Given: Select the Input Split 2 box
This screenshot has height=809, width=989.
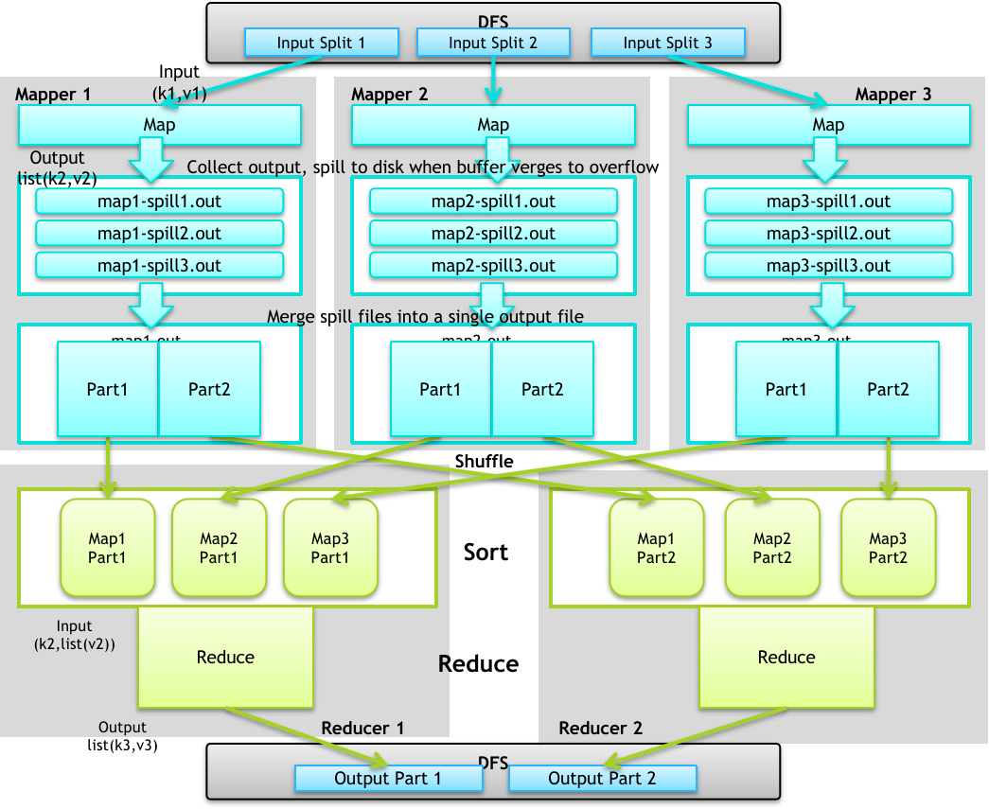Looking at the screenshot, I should click(493, 43).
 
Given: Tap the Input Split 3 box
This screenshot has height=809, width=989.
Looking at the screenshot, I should click(667, 43).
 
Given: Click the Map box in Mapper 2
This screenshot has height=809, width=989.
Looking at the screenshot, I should click(493, 125).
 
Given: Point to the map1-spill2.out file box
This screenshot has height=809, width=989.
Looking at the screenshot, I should click(159, 234).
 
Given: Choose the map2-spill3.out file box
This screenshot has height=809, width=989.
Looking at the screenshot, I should click(493, 266).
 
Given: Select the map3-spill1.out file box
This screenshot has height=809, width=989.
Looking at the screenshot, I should click(828, 202).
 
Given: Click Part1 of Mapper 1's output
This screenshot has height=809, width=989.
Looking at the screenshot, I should click(107, 389).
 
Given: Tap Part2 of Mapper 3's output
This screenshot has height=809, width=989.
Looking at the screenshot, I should click(887, 389).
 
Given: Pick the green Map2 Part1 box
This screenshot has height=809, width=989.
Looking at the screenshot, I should click(219, 548).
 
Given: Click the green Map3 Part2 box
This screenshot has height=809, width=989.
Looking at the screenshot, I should click(888, 548).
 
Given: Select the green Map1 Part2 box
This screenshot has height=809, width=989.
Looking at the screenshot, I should click(656, 548).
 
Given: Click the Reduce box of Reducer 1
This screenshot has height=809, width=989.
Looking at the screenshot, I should click(225, 657).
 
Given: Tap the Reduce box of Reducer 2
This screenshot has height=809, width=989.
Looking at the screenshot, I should click(786, 657).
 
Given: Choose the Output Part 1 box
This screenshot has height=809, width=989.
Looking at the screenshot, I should click(388, 779).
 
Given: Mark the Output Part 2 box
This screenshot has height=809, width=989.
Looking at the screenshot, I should click(602, 779).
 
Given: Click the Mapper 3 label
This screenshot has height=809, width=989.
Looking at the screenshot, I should click(892, 94).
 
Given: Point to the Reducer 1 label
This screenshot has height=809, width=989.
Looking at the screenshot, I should click(362, 728).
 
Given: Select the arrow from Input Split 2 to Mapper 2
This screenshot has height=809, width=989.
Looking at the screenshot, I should click(492, 79).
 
